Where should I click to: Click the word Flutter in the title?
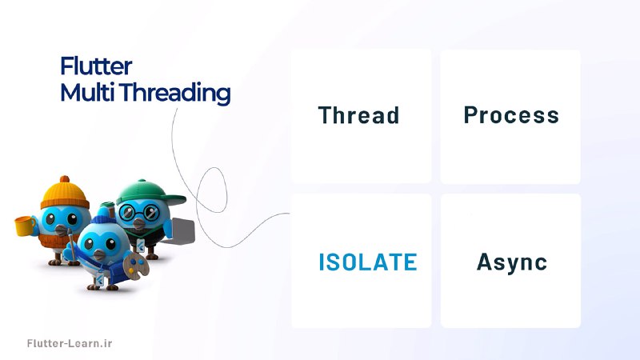96,66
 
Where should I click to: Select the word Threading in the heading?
175,93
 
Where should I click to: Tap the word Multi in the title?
87,92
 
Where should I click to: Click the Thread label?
358,115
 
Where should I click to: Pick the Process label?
511,115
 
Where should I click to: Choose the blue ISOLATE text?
368,262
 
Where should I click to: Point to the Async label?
512,263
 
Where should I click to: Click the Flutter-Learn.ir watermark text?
70,343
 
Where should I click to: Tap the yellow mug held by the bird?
25,226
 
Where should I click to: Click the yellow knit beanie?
65,193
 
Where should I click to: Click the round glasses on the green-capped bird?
138,212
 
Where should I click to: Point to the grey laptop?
182,231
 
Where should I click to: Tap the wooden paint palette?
136,266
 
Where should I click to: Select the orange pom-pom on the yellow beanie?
65,179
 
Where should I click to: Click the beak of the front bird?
99,254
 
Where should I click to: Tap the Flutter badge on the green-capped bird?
140,246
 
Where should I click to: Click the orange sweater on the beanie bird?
53,241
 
